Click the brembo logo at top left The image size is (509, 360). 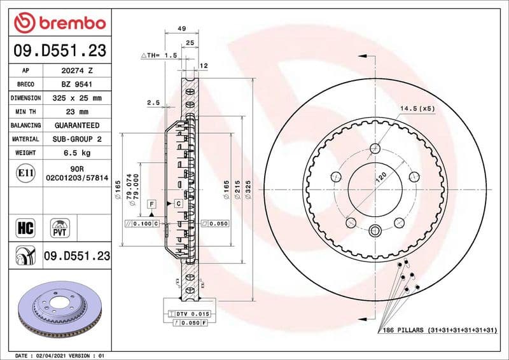click(x=59, y=24)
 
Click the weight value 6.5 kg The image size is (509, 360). click(x=77, y=153)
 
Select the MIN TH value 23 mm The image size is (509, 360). click(x=77, y=112)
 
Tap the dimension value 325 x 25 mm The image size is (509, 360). click(x=77, y=99)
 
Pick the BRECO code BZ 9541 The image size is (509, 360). click(x=77, y=85)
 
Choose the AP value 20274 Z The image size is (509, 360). click(x=77, y=71)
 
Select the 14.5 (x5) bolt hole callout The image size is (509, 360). click(x=417, y=109)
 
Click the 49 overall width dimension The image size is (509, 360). click(x=181, y=29)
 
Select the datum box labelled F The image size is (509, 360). click(x=151, y=204)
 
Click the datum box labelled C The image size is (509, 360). click(x=178, y=204)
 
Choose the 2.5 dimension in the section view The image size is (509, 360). click(x=153, y=102)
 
